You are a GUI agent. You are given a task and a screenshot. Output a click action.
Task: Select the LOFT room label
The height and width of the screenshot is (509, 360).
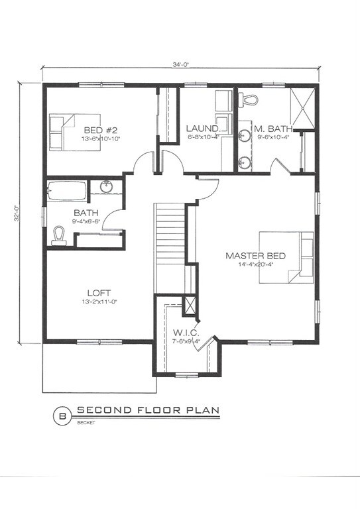point(99,292)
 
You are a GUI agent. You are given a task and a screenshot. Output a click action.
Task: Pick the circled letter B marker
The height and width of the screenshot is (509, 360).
point(63,416)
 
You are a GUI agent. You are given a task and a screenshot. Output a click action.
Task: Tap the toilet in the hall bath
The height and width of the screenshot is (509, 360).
point(58,235)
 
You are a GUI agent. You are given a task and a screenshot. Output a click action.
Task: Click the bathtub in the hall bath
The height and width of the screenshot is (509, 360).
point(66,192)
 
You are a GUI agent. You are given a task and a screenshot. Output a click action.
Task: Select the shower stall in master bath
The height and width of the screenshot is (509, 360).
point(304,107)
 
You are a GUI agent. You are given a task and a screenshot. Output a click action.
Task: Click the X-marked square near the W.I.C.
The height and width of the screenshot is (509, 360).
point(190,306)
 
